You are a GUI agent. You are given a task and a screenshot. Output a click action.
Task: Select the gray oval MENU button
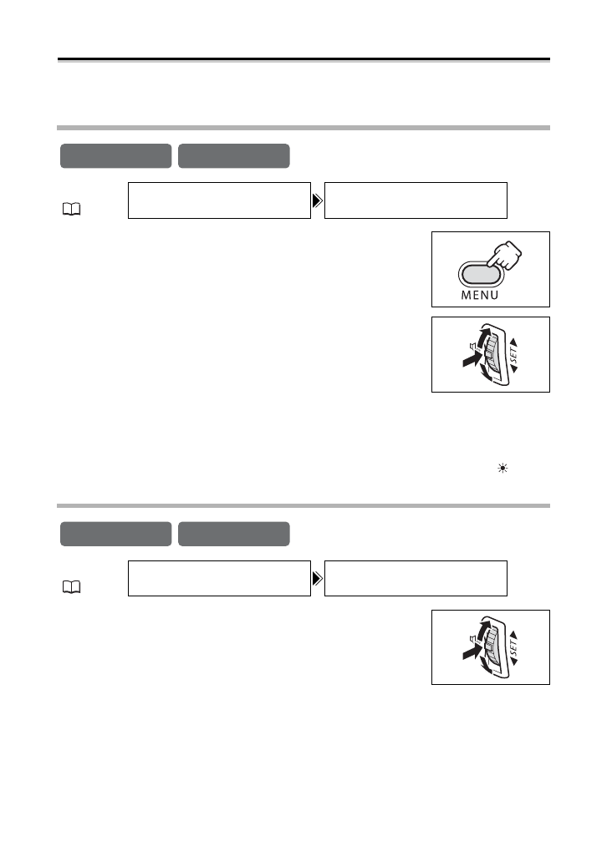pos(478,274)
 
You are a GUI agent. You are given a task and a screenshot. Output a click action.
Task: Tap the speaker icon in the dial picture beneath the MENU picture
pos(472,346)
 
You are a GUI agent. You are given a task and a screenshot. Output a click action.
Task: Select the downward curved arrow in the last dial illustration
pos(484,669)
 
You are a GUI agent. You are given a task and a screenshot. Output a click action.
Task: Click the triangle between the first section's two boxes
pos(318,200)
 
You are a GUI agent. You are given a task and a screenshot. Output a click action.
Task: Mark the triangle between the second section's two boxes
pos(318,578)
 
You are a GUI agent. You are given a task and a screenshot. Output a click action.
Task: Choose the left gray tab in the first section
pos(115,156)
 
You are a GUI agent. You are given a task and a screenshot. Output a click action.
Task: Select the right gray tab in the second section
pos(234,534)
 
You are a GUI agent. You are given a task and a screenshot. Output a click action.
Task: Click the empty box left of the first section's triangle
pos(219,200)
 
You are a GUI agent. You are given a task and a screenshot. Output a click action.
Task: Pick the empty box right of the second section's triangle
pos(416,578)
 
